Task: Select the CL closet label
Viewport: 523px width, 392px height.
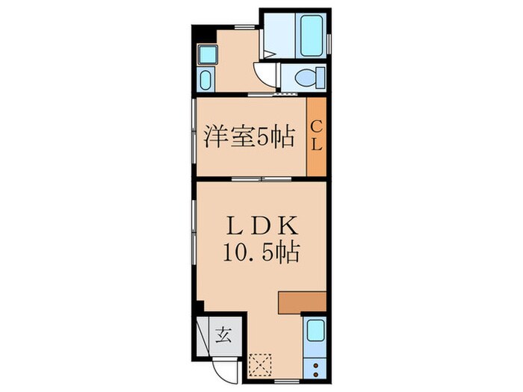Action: [x=316, y=136]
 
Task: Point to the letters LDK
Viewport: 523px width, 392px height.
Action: [x=261, y=224]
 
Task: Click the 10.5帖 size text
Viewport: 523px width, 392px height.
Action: [x=261, y=252]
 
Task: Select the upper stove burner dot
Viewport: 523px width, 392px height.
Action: [x=315, y=365]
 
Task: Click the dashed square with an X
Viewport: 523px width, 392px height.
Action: [x=261, y=365]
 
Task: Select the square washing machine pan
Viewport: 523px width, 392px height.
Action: [x=206, y=54]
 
